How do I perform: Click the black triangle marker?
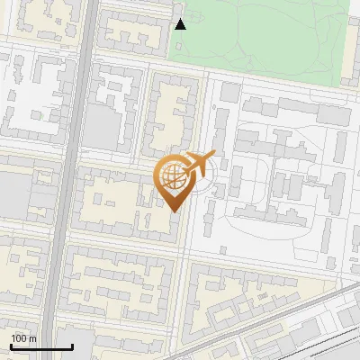pyautogui.click(x=180, y=23)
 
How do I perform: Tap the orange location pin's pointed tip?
pyautogui.click(x=173, y=211)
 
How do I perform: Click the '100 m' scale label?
pyautogui.click(x=23, y=338)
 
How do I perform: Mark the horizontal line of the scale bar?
pyautogui.click(x=41, y=346)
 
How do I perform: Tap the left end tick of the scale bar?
pyautogui.click(x=11, y=345)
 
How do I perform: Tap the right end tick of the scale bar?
pyautogui.click(x=73, y=345)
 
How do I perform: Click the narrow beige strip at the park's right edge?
pyautogui.click(x=353, y=45)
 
